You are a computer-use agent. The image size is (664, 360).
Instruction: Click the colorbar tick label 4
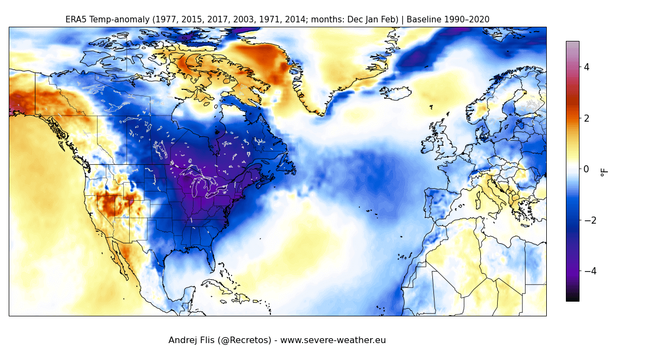tap(587, 67)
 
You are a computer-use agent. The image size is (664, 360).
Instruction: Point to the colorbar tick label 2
tap(587, 118)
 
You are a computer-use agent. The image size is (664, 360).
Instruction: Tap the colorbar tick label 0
tap(587, 169)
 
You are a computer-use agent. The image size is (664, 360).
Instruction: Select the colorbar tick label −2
tap(589, 220)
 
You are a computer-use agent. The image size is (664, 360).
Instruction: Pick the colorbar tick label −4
tap(589, 271)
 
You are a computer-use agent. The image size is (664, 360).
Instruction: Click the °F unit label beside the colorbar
tap(603, 172)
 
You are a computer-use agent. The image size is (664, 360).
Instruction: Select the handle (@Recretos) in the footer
tap(244, 340)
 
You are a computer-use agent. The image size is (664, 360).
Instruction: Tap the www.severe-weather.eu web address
tap(333, 340)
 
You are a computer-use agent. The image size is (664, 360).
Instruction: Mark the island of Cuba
tap(220, 285)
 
